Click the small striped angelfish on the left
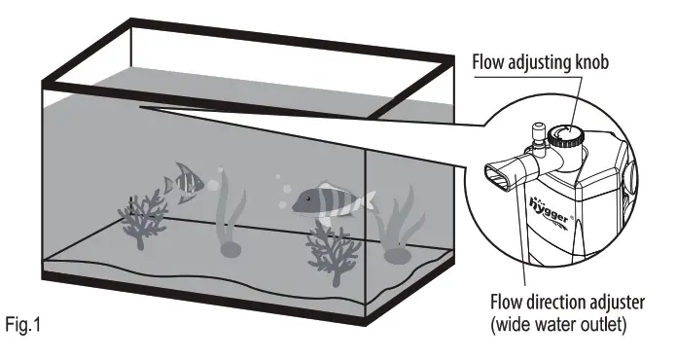183,181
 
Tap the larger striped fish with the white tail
331,198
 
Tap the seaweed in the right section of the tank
398,228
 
